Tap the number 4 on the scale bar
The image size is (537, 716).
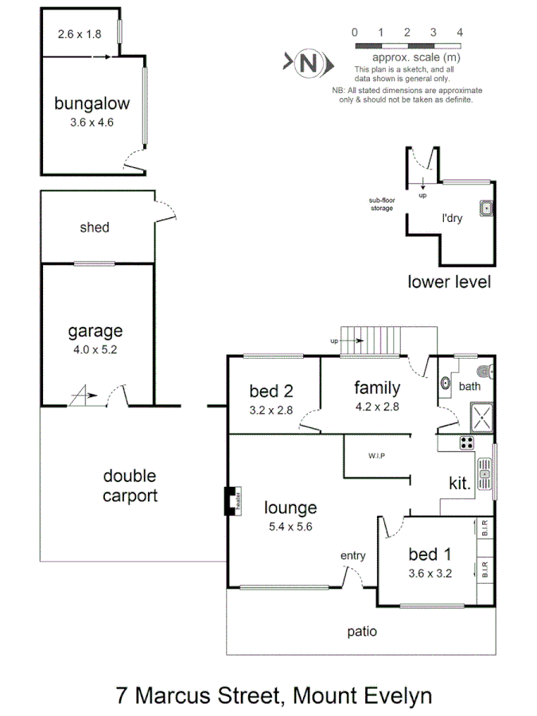[x=460, y=33]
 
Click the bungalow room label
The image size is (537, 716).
[x=91, y=103]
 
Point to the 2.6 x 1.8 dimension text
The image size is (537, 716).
[x=80, y=34]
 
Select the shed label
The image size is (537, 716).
[x=95, y=228]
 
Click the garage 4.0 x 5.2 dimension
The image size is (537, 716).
[x=95, y=348]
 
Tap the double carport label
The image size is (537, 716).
[x=130, y=485]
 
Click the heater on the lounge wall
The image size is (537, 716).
[x=233, y=501]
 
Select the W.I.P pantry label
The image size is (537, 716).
[x=376, y=456]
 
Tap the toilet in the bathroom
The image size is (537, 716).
[x=485, y=371]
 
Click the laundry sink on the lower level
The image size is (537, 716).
[x=486, y=208]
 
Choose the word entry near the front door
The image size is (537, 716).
[x=352, y=555]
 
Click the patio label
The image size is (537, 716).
[x=361, y=632]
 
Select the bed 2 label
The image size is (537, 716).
[x=271, y=391]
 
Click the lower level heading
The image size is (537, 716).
[x=449, y=282]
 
